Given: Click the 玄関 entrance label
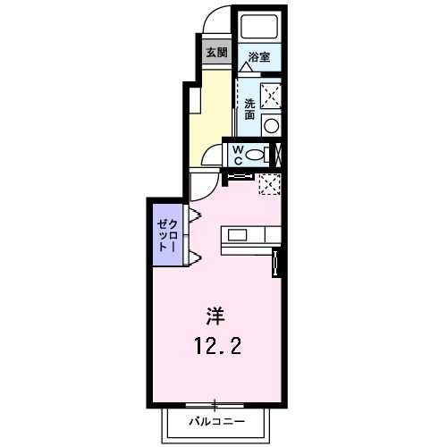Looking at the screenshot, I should [217, 51].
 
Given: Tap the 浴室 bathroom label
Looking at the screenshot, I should [259, 57].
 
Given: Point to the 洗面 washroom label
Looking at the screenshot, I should [249, 108].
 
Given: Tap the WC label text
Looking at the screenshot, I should [238, 155].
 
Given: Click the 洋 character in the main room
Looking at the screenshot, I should [215, 316].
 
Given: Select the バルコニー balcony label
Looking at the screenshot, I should [215, 419].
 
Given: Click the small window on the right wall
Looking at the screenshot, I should [276, 264].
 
